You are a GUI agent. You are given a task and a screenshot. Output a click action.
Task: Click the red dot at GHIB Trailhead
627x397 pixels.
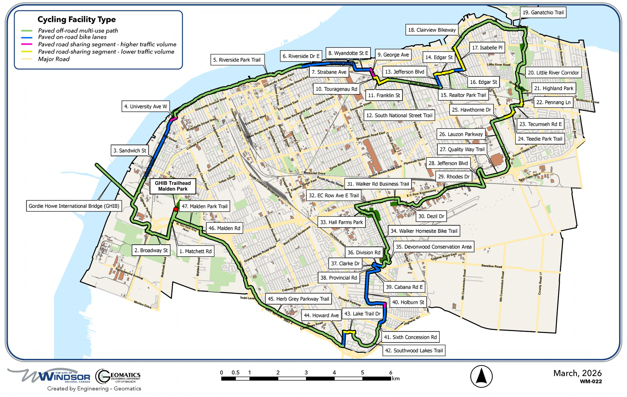176,209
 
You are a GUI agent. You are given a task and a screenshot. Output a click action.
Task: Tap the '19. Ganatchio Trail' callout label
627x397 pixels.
543,13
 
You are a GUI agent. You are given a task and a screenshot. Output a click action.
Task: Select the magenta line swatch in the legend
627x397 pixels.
27,44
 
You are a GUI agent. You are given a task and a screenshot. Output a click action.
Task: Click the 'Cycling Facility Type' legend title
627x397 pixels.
76,19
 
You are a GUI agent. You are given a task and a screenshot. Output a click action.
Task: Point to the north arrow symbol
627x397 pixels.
481,376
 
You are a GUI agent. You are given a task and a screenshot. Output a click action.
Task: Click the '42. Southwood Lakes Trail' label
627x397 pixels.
414,350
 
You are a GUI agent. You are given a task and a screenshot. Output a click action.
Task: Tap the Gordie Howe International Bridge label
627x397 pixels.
74,206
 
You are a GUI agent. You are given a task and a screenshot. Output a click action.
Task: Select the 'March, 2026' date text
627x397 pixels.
577,373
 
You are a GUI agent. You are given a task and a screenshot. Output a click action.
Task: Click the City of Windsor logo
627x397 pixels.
49,376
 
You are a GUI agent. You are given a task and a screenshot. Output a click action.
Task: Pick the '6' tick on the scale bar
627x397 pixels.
391,373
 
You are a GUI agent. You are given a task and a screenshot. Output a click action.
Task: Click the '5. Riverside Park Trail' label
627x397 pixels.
236,60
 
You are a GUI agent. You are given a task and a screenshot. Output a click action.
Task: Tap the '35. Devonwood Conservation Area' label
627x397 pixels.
434,247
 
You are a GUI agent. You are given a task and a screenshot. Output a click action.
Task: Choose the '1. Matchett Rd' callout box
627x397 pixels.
195,251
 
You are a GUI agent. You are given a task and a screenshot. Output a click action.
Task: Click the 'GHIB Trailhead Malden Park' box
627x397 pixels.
173,186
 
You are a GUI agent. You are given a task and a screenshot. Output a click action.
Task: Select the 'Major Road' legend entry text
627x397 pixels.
54,59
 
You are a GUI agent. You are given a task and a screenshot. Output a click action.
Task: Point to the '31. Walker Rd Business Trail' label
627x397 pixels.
378,184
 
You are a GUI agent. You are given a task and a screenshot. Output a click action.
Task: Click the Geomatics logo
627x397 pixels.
118,376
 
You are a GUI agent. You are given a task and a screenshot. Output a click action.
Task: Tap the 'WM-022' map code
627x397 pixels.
591,381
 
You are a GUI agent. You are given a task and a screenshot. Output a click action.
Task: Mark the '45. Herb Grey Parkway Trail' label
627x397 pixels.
298,299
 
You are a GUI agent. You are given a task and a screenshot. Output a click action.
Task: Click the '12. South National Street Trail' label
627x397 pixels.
399,116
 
